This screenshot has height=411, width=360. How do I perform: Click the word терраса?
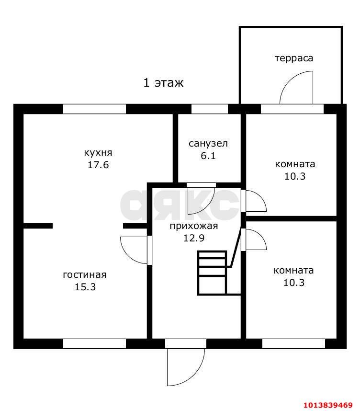(x=294, y=58)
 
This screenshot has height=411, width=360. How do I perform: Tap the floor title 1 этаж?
(x=163, y=83)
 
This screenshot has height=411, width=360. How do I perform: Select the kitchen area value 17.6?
(x=98, y=165)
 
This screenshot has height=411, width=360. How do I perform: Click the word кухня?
(x=98, y=152)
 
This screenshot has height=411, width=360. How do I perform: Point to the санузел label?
(x=208, y=144)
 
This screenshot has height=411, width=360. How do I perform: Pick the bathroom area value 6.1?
(x=208, y=156)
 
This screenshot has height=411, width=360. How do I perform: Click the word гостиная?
(x=85, y=274)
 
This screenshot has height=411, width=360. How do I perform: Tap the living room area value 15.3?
(x=85, y=287)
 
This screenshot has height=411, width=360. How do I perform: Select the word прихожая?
(x=193, y=226)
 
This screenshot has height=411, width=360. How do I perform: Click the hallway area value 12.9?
(x=194, y=238)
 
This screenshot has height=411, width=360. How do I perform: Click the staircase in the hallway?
(x=212, y=273)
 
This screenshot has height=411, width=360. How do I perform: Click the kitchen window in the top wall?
(x=95, y=109)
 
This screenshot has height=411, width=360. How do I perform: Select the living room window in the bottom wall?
(x=95, y=343)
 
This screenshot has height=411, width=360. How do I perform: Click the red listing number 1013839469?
(x=328, y=405)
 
